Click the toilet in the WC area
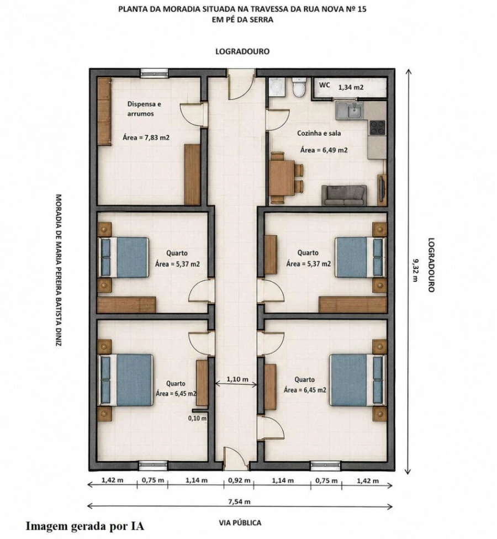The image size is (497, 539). pyautogui.click(x=298, y=87)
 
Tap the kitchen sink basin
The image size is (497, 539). pyautogui.click(x=353, y=110)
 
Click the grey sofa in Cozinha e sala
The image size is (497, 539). pyautogui.click(x=344, y=195)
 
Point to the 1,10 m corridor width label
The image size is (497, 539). pyautogui.click(x=237, y=379)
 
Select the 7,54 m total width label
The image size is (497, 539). pyautogui.click(x=240, y=501)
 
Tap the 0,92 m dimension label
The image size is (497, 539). pyautogui.click(x=239, y=480)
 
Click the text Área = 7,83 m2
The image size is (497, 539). pyautogui.click(x=146, y=138)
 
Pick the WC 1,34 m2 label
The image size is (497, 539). pyautogui.click(x=341, y=86)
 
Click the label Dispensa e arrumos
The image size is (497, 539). pyautogui.click(x=144, y=109)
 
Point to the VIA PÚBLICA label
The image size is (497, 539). pyautogui.click(x=240, y=523)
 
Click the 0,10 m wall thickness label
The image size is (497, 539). pyautogui.click(x=197, y=419)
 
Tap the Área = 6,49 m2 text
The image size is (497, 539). pyautogui.click(x=324, y=150)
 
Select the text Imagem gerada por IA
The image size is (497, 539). pyautogui.click(x=85, y=526)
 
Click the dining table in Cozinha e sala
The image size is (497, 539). pyautogui.click(x=282, y=178)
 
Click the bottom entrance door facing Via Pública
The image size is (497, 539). pyautogui.click(x=236, y=458)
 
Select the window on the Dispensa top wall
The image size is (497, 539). pyautogui.click(x=154, y=72)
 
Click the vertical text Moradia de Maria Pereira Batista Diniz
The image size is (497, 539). pyautogui.click(x=59, y=270)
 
